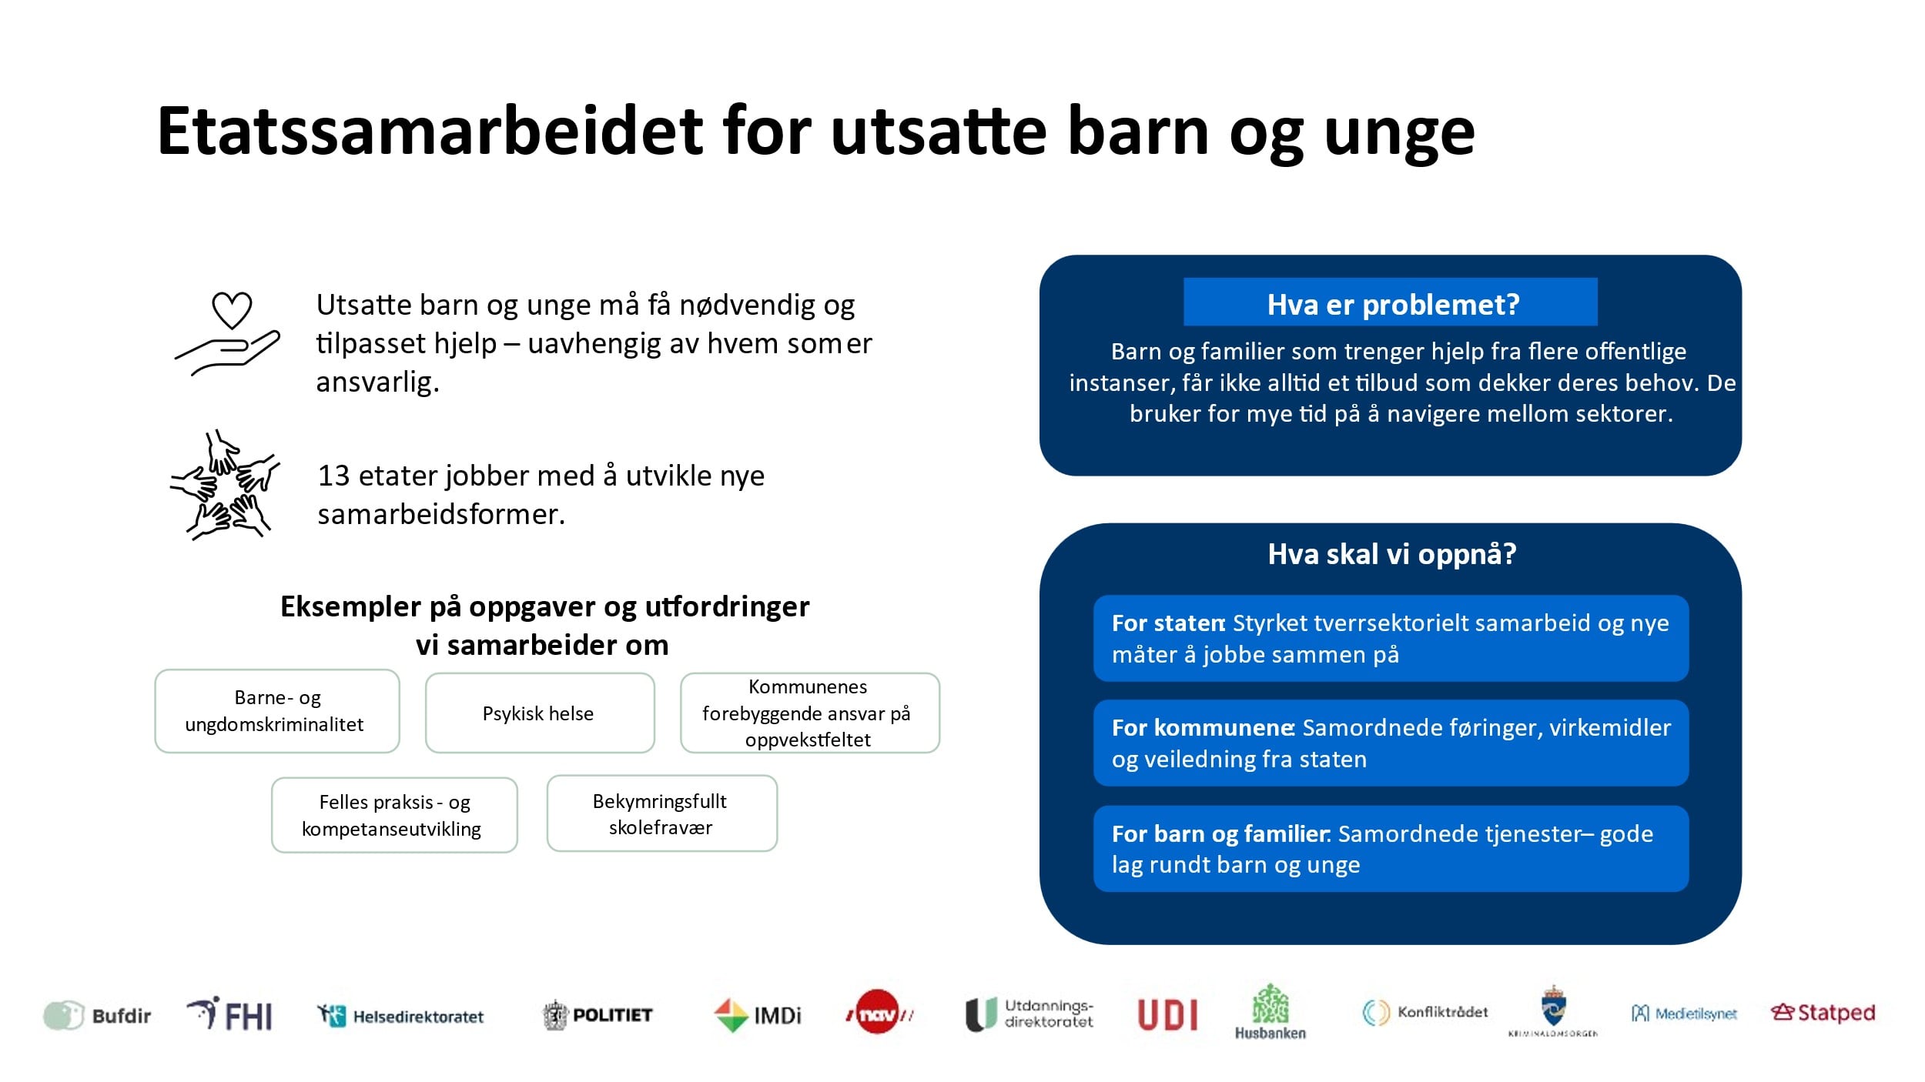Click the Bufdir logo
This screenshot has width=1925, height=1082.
click(x=97, y=1015)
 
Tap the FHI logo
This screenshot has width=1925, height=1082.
click(x=229, y=1014)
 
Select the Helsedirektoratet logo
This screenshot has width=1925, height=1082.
click(x=400, y=1016)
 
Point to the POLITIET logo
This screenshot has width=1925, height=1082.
click(x=597, y=1015)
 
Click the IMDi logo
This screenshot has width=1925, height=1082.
click(x=758, y=1015)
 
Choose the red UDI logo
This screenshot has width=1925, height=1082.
click(x=1167, y=1015)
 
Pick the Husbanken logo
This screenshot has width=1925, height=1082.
click(x=1270, y=1012)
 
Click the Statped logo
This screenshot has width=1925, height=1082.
click(x=1823, y=1013)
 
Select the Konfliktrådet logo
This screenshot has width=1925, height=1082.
click(x=1424, y=1012)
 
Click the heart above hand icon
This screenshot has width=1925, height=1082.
click(x=228, y=333)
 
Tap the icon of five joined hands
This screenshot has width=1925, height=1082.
click(x=225, y=485)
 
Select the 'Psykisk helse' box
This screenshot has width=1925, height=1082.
click(x=540, y=713)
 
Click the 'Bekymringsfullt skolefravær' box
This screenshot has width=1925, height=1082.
click(x=662, y=813)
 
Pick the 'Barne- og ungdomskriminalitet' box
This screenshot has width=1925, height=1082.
click(x=277, y=711)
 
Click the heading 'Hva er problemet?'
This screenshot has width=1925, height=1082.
click(x=1393, y=305)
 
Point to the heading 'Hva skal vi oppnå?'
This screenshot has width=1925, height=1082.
click(x=1391, y=554)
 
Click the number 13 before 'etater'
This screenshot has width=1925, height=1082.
click(x=334, y=476)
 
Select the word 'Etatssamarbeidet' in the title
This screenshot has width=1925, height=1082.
click(x=430, y=131)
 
